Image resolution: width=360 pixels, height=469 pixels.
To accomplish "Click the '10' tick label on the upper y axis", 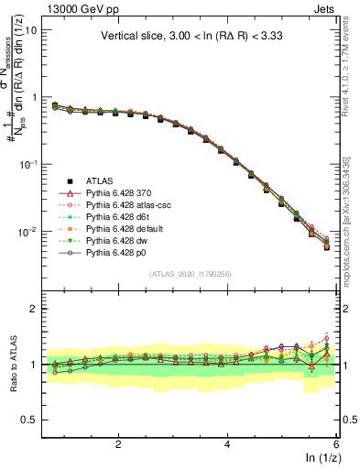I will (x=30, y=30).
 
